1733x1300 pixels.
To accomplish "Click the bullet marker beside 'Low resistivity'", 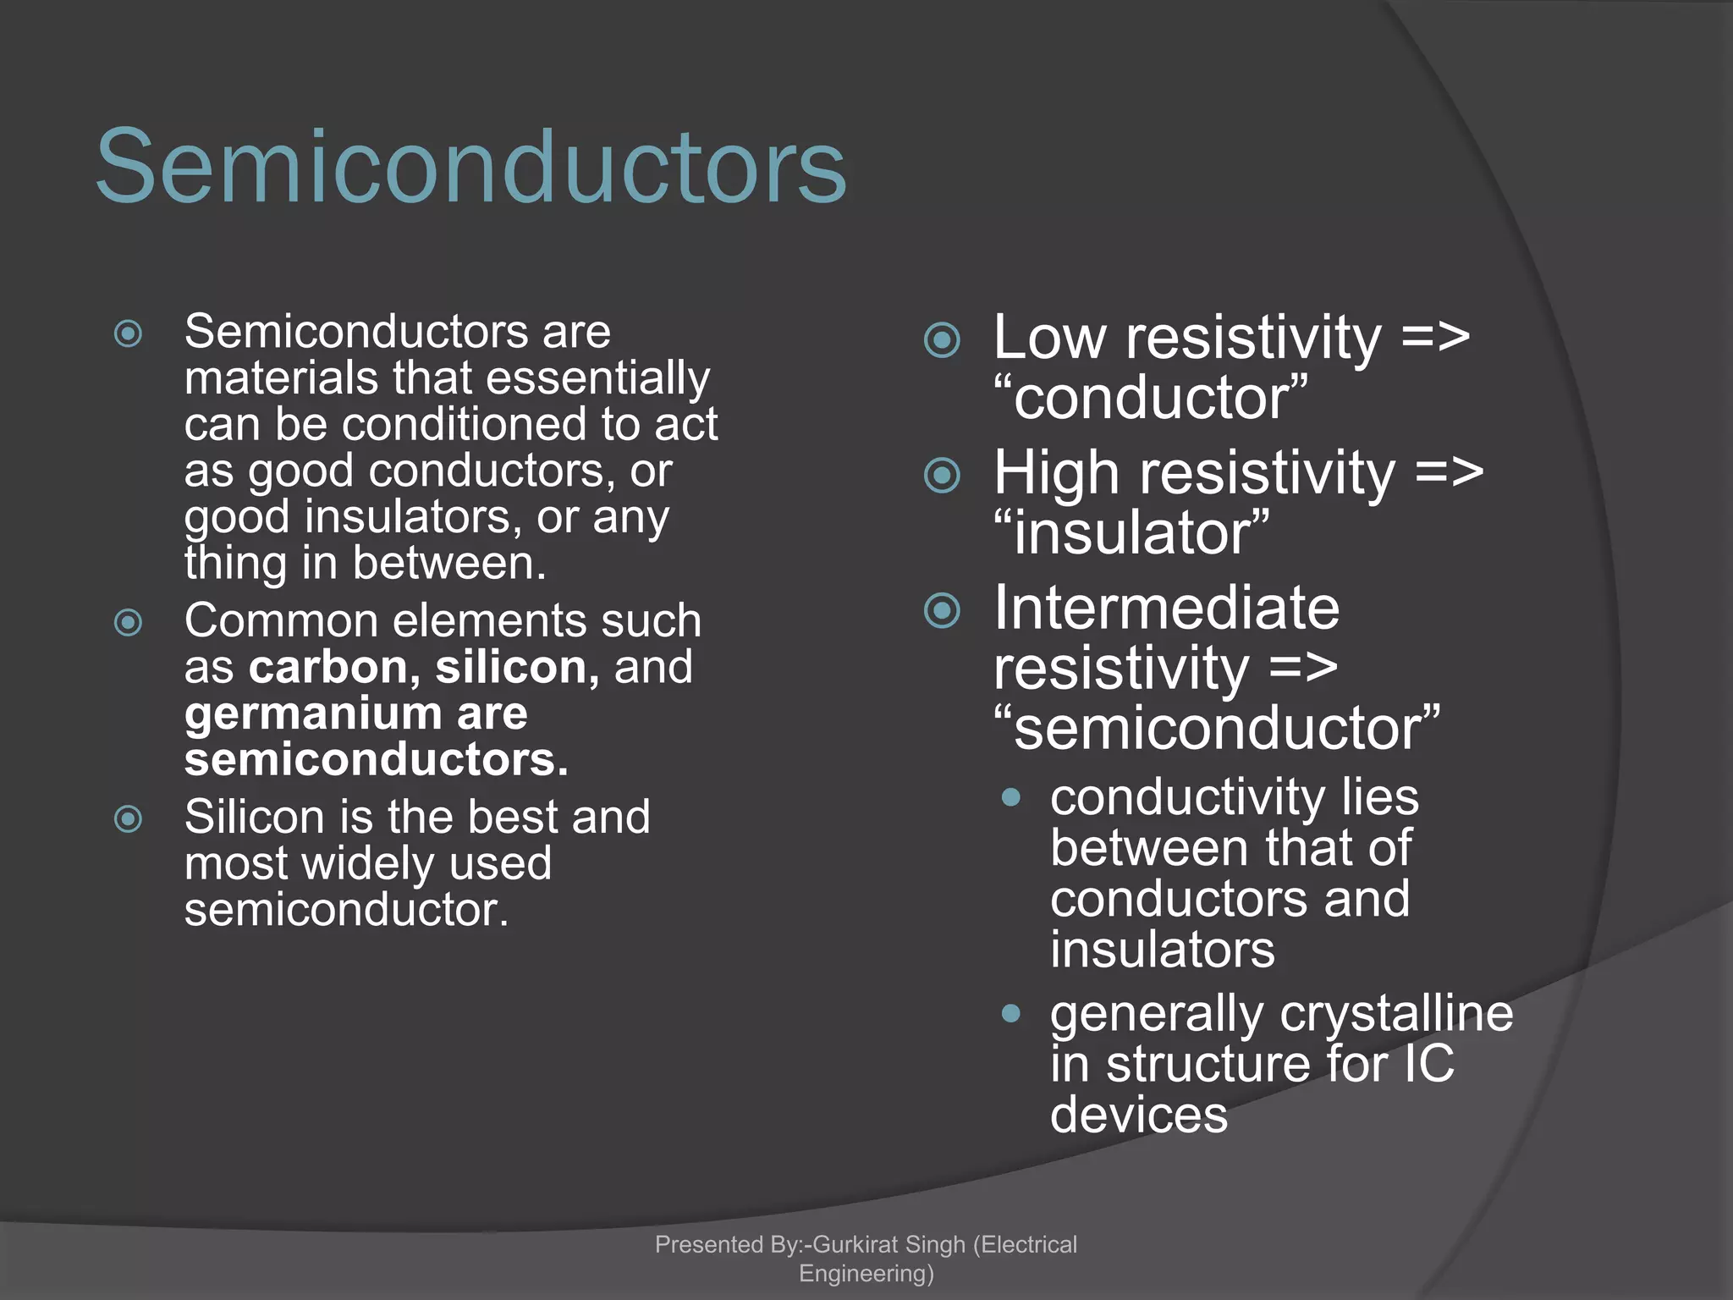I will [942, 340].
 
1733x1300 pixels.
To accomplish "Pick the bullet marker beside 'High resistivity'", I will [942, 475].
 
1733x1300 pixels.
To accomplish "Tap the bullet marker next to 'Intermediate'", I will [942, 610].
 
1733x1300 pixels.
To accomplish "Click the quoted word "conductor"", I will [1151, 398].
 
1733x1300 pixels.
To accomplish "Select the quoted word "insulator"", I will [1132, 533].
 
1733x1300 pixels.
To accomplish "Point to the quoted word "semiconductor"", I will [1217, 728].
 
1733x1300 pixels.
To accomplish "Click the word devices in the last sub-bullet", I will [1138, 1115].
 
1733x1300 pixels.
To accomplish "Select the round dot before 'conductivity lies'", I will [1010, 797].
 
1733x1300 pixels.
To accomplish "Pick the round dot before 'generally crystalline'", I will [1010, 1013].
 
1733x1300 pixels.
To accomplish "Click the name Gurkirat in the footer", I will [855, 1244].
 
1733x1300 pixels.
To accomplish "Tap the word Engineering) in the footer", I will [866, 1273].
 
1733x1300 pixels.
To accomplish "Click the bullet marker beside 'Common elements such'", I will [128, 623].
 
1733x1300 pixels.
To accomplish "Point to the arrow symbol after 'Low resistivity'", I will [1435, 338].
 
